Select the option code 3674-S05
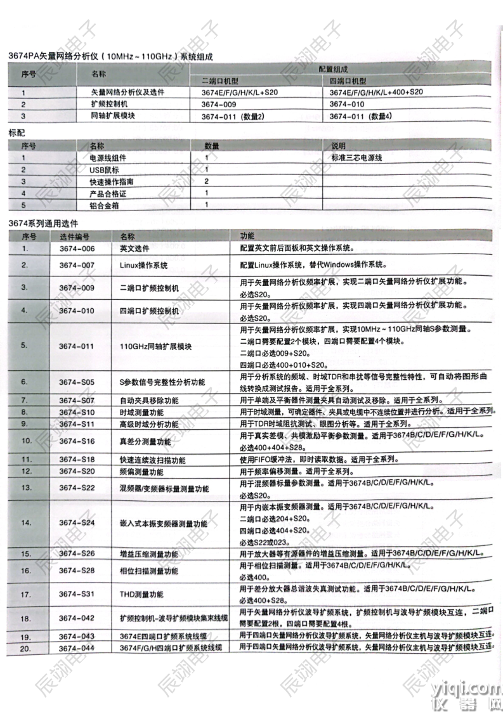[77, 382]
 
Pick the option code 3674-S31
[77, 594]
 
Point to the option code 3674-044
[77, 648]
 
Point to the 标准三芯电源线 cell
[356, 157]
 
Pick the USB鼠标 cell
[105, 170]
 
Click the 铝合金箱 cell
[105, 205]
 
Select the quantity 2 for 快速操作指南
[207, 181]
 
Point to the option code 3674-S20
[77, 472]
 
